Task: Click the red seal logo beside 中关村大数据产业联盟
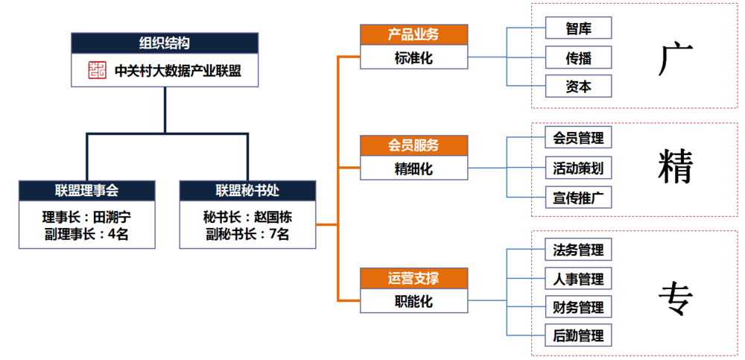click(98, 71)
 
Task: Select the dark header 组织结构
click(165, 42)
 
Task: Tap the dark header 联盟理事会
click(87, 191)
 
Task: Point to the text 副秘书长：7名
click(247, 234)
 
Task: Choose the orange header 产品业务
click(413, 35)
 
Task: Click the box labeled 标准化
click(413, 57)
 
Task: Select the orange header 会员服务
click(413, 145)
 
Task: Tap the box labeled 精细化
click(413, 168)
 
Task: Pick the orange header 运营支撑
click(413, 278)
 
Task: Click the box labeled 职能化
click(413, 300)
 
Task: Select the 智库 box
click(578, 28)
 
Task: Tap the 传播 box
click(578, 57)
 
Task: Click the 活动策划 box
click(578, 168)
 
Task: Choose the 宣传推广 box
click(578, 197)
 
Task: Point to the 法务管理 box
click(578, 249)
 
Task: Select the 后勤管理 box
click(578, 335)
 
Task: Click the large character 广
click(675, 59)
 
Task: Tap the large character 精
click(676, 168)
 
